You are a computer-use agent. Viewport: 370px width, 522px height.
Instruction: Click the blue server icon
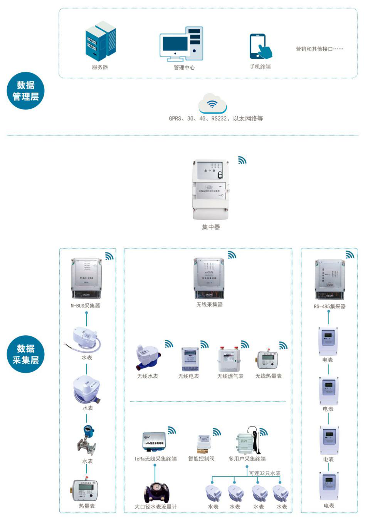[x=101, y=41]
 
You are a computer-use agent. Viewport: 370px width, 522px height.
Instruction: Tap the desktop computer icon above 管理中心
[x=181, y=44]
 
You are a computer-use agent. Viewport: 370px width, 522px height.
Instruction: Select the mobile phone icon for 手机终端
[x=260, y=47]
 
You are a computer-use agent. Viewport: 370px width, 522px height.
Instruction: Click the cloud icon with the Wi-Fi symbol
[x=212, y=103]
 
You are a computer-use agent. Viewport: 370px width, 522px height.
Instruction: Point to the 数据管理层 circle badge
[x=26, y=91]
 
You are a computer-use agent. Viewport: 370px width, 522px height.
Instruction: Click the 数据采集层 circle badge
[x=26, y=354]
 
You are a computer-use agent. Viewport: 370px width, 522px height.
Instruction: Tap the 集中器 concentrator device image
[x=211, y=190]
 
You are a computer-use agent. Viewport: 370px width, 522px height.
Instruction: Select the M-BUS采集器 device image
[x=86, y=278]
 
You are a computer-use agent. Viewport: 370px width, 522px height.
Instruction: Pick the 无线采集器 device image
[x=209, y=278]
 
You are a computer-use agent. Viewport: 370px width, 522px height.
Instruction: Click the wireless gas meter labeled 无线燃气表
[x=230, y=359]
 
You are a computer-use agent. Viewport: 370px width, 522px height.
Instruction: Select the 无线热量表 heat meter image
[x=268, y=360]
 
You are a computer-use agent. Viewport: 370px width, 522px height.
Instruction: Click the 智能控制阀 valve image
[x=203, y=444]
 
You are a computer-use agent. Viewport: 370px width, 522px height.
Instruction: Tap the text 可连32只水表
[x=265, y=473]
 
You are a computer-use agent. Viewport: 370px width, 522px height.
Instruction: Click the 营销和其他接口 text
[x=319, y=49]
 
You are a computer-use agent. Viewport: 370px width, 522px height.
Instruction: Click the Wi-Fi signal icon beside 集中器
[x=242, y=160]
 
